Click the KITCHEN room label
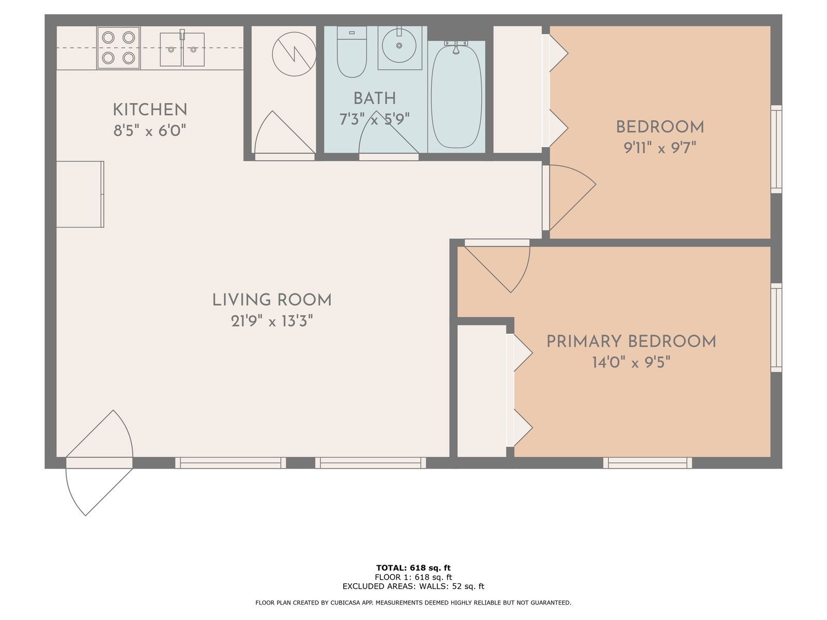(149, 110)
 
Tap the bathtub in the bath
(456, 97)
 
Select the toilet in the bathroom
(351, 52)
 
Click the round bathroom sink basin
(399, 45)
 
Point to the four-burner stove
(118, 48)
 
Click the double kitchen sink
(182, 49)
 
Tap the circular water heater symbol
(294, 54)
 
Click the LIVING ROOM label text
(272, 300)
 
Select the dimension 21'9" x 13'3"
(272, 321)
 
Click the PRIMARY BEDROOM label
(631, 342)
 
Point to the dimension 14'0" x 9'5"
(631, 363)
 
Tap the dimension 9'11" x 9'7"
(660, 148)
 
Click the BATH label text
(375, 99)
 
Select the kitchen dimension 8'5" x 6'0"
(149, 131)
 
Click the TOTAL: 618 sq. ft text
(413, 568)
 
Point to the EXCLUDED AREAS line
(413, 586)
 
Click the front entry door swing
(99, 463)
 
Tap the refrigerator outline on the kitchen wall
(80, 194)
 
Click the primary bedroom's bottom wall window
(647, 463)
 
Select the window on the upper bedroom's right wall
(776, 149)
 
